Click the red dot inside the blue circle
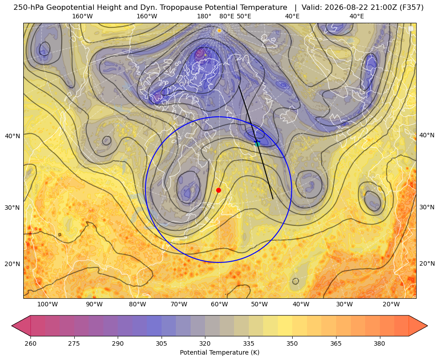click(219, 190)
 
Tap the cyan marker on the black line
click(257, 144)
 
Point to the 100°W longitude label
click(47, 305)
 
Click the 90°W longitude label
click(94, 305)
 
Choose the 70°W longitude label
click(179, 305)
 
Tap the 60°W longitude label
click(219, 305)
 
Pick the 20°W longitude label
click(391, 305)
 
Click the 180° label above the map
click(204, 16)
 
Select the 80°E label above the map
click(226, 16)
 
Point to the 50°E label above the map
click(244, 16)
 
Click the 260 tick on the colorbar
click(30, 343)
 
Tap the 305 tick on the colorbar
click(162, 343)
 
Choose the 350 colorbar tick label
click(292, 343)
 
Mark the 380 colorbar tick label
click(379, 343)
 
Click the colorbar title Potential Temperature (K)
click(219, 352)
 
